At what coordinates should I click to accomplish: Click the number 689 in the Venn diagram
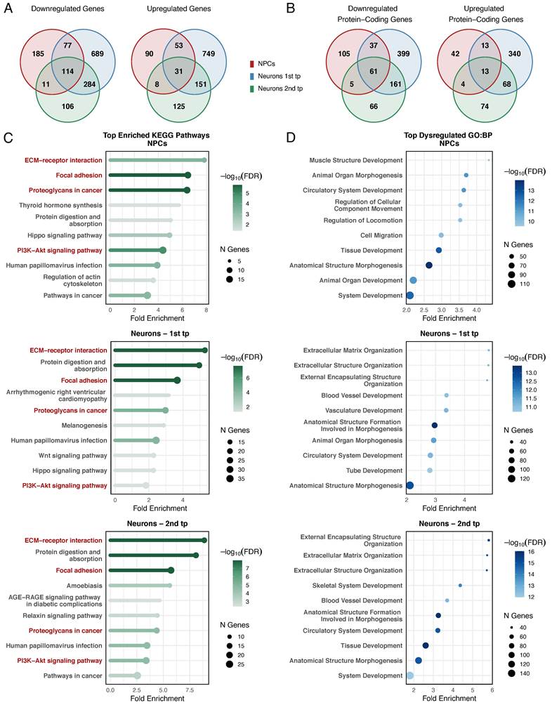click(x=97, y=53)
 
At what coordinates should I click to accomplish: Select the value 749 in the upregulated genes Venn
click(x=208, y=53)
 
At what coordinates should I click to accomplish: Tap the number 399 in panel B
click(x=403, y=53)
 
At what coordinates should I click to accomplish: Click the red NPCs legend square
click(x=252, y=64)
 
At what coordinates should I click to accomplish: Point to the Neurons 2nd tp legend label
click(x=280, y=88)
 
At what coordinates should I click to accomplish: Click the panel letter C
click(x=8, y=137)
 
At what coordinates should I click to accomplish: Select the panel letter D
click(x=291, y=137)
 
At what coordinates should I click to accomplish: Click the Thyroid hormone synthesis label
click(x=60, y=205)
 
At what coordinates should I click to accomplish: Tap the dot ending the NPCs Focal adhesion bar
click(x=188, y=176)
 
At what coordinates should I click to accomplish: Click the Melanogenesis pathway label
click(x=84, y=426)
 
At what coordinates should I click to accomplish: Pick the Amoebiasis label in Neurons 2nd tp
click(x=84, y=586)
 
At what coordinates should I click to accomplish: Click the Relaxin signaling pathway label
click(x=63, y=616)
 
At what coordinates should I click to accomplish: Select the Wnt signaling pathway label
click(x=73, y=456)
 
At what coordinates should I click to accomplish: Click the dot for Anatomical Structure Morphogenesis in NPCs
click(x=429, y=265)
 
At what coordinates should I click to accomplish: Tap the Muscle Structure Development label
click(x=356, y=160)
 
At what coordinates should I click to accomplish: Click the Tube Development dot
click(x=430, y=470)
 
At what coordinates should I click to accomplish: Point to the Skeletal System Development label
click(x=357, y=586)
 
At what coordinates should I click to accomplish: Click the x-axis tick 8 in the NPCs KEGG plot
click(x=206, y=310)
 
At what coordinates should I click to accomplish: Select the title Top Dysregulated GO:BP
click(x=448, y=135)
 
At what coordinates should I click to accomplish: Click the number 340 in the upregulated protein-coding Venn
click(x=514, y=53)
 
